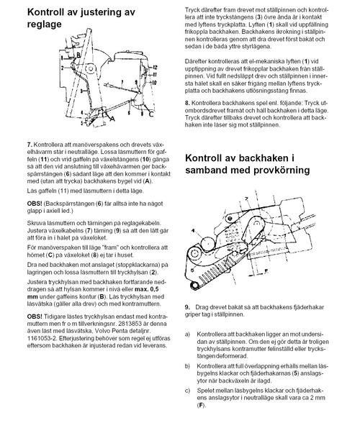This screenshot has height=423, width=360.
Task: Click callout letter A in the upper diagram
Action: coord(112,118)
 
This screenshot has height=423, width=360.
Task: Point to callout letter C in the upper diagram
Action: coord(151,114)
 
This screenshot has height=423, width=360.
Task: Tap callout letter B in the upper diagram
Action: coord(78,55)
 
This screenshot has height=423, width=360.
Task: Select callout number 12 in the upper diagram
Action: coord(155,67)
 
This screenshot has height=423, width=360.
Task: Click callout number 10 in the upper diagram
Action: coord(154,83)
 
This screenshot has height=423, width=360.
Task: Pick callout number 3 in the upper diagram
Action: coord(81,91)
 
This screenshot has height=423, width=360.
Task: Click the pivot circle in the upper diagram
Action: coord(90,69)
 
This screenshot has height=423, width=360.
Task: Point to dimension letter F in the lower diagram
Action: coord(266,271)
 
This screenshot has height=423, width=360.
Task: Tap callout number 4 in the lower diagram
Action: coord(193,231)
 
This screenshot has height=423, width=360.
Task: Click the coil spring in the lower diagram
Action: coord(216,274)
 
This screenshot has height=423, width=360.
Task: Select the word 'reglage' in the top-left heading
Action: coord(45,24)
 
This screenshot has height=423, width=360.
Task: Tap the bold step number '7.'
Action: coord(30,145)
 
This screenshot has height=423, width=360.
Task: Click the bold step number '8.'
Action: coord(187,103)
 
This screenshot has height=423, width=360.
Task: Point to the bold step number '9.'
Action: coord(187,307)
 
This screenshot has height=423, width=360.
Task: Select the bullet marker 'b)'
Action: coord(187,366)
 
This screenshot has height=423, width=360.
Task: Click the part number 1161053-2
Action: coord(41,338)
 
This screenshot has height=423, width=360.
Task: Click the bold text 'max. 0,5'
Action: coord(147,289)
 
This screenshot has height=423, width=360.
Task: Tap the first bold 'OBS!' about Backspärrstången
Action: coord(35,204)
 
